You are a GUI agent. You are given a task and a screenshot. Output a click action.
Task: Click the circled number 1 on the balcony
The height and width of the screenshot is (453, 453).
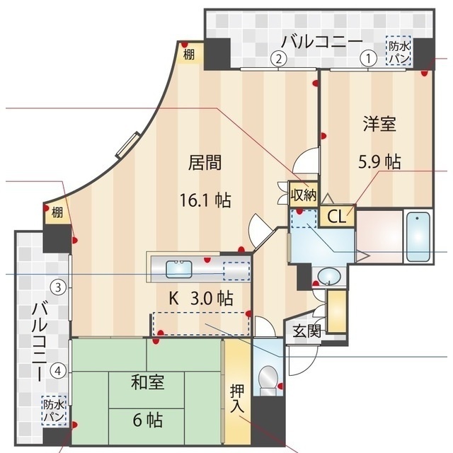pos(368,59)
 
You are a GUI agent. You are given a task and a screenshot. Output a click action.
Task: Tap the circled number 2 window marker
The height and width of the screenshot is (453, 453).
pos(278,59)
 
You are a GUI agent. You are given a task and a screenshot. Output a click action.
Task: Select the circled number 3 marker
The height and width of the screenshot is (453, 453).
pos(58,287)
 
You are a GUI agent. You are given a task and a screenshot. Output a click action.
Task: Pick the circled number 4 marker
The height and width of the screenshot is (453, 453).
pos(58,370)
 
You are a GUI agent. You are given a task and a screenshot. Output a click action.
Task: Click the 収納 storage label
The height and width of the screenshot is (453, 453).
pos(304,195)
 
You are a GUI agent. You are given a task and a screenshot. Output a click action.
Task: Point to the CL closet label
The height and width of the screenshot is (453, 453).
pos(337,216)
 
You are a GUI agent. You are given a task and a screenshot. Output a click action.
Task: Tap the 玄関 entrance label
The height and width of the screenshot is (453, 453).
pos(306,331)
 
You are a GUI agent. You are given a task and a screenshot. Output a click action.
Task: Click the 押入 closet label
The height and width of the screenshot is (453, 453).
pos(238,398)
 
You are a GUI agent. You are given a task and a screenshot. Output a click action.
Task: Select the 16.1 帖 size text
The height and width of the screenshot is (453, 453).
pos(205,200)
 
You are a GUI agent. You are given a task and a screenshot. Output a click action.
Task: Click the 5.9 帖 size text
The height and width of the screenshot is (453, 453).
pos(379,162)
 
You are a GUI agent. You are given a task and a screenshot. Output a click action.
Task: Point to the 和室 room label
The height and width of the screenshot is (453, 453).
pos(148,382)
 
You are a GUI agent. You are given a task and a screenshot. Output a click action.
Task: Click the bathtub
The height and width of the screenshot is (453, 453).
pos(418,237)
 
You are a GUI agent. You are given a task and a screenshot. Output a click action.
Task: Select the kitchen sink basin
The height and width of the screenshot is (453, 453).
pos(179,269)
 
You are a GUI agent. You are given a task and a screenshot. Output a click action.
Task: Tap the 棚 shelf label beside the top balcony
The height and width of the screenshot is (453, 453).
pos(189,55)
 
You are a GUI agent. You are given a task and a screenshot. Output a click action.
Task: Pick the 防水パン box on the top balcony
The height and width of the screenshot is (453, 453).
pos(398,50)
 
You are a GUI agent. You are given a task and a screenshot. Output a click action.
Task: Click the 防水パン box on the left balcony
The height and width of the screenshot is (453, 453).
pos(54,411)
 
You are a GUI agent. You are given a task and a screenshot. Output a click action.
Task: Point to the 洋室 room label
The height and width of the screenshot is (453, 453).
pos(379,124)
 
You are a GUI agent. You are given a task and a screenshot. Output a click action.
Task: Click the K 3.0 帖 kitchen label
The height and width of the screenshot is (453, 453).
pos(201,298)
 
